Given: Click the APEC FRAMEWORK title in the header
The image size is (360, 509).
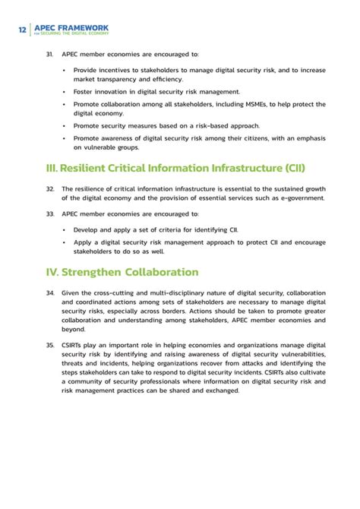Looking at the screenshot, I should click(71, 28).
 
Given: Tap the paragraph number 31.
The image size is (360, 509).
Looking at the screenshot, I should click(50, 55).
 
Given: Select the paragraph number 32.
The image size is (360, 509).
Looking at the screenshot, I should click(50, 188).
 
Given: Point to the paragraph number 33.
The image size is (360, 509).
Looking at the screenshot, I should click(50, 214).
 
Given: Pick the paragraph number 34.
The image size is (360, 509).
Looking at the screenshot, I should click(50, 292).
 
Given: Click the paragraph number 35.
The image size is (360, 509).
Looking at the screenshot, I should click(50, 345).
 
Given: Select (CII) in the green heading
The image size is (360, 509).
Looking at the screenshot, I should click(289, 167).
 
